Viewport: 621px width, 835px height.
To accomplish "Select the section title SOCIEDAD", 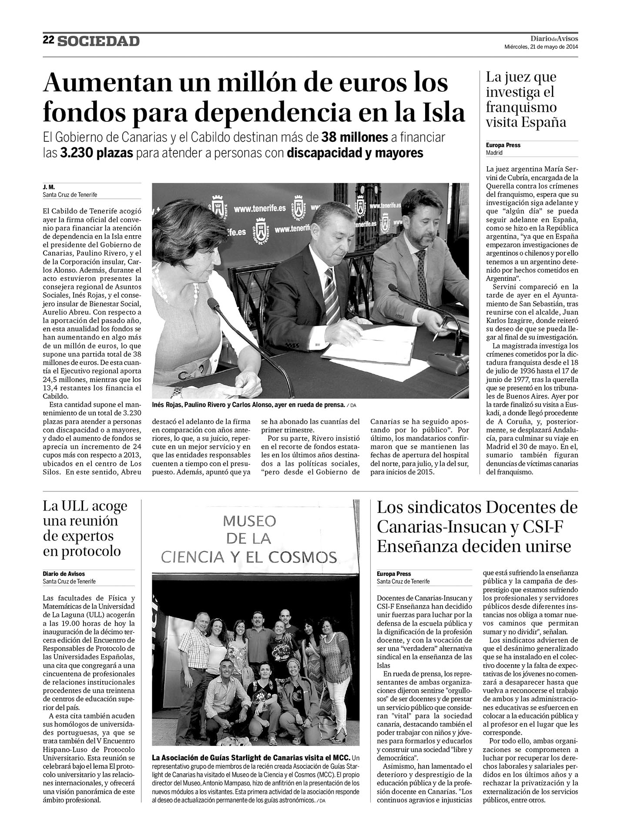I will click(x=99, y=41).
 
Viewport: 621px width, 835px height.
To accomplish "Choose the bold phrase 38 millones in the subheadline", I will click(x=355, y=137).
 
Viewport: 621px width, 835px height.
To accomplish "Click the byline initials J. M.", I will click(x=48, y=187).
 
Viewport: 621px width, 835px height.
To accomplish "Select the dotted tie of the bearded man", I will click(x=421, y=270).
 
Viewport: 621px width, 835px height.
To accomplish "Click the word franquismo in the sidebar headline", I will click(x=521, y=107).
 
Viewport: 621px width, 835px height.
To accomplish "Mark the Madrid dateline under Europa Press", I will click(x=494, y=153).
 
